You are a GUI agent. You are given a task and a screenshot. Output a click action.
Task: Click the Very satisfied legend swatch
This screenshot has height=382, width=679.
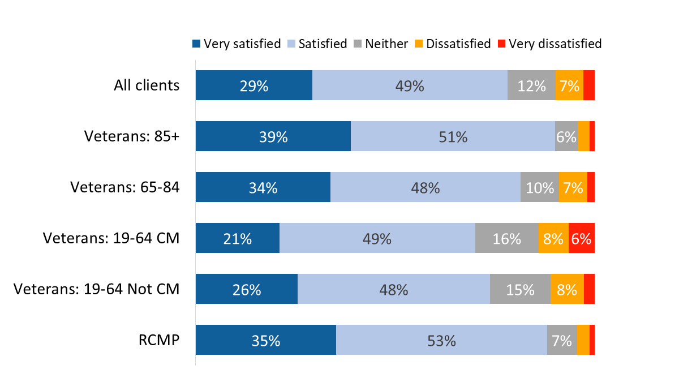click(x=197, y=44)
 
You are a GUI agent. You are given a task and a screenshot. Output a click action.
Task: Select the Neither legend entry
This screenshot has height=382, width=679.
click(x=386, y=44)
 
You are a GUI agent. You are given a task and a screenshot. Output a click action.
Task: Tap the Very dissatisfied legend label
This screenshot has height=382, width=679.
click(x=555, y=44)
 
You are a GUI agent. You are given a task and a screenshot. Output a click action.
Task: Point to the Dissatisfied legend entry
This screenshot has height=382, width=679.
click(x=458, y=44)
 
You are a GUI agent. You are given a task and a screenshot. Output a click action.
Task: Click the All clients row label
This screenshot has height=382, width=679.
click(x=147, y=85)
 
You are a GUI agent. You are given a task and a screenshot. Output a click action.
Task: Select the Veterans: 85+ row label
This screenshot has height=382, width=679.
click(x=132, y=136)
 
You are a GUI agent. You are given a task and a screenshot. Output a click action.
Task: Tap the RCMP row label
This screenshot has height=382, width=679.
click(x=160, y=340)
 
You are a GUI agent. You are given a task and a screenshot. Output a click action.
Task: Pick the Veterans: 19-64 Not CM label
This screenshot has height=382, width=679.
click(x=96, y=289)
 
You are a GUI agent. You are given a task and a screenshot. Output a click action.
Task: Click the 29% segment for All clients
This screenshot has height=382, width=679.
click(x=254, y=85)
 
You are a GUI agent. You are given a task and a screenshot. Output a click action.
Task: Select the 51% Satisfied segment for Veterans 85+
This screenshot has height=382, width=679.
click(x=453, y=136)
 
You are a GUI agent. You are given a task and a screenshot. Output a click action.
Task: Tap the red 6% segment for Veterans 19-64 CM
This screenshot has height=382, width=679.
click(x=581, y=238)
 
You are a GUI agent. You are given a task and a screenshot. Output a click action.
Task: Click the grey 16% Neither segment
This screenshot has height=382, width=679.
click(x=506, y=238)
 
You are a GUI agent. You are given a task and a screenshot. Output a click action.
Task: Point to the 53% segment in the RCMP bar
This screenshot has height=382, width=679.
click(x=441, y=340)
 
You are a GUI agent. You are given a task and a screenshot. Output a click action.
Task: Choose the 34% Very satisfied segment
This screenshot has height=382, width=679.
click(x=263, y=187)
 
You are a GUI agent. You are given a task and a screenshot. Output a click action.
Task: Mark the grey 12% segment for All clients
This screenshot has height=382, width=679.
click(x=531, y=85)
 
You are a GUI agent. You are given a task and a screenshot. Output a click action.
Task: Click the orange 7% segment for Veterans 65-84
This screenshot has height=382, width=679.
click(x=573, y=187)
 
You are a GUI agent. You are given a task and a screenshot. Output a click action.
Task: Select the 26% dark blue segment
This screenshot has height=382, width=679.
click(x=247, y=289)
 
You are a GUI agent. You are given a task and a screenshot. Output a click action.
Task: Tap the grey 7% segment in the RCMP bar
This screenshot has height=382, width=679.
click(x=561, y=340)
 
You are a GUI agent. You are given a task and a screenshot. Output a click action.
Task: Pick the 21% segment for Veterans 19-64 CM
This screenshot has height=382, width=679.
click(x=238, y=238)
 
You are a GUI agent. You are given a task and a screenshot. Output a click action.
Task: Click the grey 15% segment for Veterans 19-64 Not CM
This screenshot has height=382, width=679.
click(x=520, y=289)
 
